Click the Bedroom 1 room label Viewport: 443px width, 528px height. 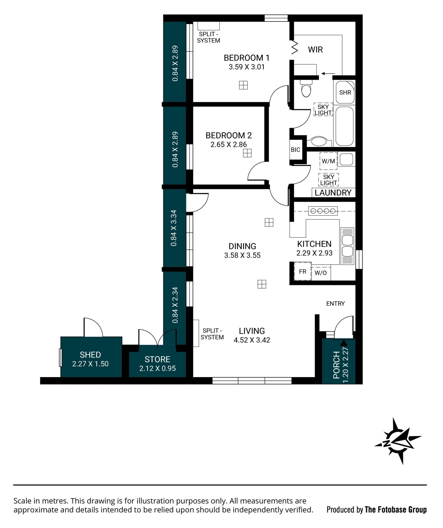point(246,58)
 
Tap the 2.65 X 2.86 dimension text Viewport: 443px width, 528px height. point(229,144)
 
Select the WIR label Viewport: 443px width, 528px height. point(315,50)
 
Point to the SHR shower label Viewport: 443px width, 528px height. point(345,93)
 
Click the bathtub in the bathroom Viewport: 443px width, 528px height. point(344,126)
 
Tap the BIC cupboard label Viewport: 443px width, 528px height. point(295,150)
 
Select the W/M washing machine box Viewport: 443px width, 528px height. point(328,161)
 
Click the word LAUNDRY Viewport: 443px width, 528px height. point(333,193)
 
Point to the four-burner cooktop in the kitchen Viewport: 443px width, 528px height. point(323,211)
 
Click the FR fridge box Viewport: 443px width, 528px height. point(303,272)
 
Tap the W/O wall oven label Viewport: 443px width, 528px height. point(320,273)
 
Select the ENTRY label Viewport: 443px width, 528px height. point(335,304)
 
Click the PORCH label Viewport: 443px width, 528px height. point(336,365)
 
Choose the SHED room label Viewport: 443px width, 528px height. point(90,355)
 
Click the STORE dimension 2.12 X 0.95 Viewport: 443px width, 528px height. point(157,368)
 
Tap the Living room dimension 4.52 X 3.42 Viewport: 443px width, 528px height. point(252,340)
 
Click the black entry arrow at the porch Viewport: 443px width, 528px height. point(344,343)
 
